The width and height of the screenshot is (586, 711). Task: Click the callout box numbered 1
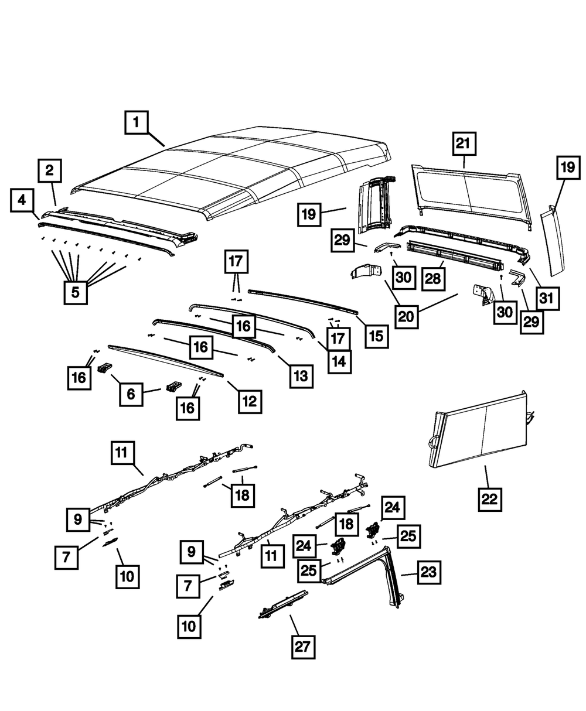point(136,124)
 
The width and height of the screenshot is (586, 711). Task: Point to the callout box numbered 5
point(75,291)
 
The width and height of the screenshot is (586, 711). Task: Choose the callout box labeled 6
point(131,394)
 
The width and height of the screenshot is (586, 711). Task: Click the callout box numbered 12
point(249,401)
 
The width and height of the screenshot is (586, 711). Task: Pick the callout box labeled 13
point(301,375)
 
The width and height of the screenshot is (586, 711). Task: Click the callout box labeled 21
point(464,143)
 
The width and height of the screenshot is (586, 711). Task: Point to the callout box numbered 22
point(490,499)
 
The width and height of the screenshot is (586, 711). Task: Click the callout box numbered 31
point(546,299)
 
